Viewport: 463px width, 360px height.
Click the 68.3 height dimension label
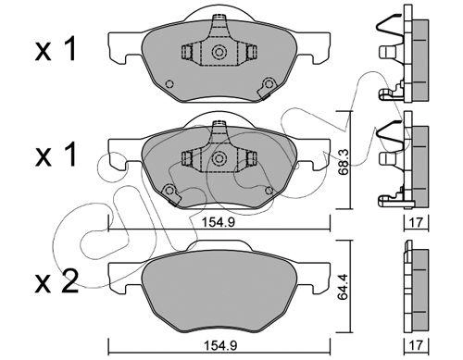click(x=344, y=162)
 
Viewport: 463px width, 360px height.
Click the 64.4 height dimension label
click(x=344, y=287)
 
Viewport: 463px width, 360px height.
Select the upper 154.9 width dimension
click(x=219, y=222)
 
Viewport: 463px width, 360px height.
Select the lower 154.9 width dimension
click(x=220, y=346)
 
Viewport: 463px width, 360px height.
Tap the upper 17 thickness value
click(x=416, y=222)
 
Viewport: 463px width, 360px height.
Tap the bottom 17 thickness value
click(x=416, y=346)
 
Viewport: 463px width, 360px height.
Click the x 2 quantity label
click(x=56, y=283)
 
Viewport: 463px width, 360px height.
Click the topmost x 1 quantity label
click(x=56, y=49)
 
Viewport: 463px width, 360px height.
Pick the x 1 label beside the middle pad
click(x=56, y=155)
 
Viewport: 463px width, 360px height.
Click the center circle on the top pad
click(x=219, y=52)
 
